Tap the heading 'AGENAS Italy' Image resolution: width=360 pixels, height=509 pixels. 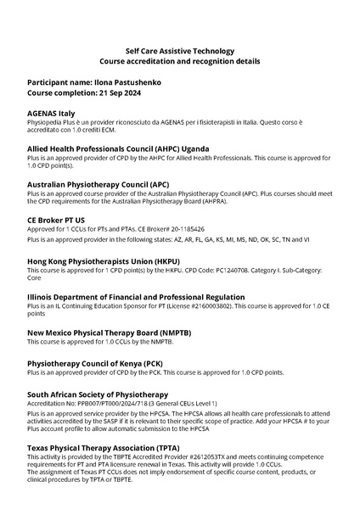point(51,113)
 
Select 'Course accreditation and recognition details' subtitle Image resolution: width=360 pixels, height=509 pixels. point(179,62)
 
